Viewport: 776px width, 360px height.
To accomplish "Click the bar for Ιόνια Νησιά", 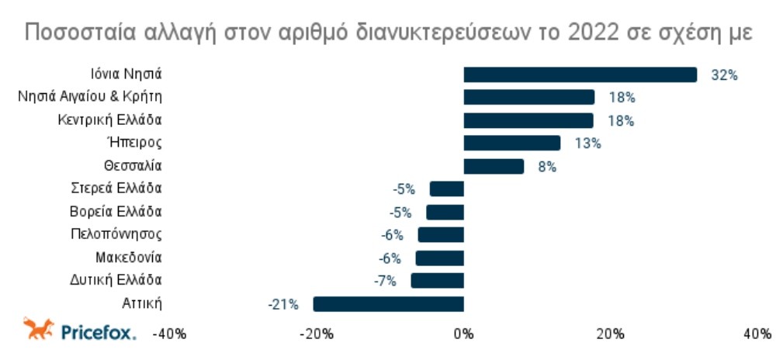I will (x=580, y=74).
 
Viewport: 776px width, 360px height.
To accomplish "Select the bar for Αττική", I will (x=388, y=303).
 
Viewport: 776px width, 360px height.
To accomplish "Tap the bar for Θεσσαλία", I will (x=494, y=166).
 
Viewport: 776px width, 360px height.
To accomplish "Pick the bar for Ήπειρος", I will (x=512, y=143).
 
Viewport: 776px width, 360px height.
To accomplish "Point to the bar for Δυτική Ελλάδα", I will (x=437, y=280).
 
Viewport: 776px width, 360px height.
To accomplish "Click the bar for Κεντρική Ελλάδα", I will (x=528, y=120).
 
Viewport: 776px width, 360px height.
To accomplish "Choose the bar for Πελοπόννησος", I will (x=441, y=234).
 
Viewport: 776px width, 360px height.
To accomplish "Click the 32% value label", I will (x=723, y=75).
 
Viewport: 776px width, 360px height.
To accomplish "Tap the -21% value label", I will (x=283, y=304).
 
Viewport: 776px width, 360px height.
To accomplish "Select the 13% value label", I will (x=587, y=144).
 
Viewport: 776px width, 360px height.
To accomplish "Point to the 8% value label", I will (x=547, y=167).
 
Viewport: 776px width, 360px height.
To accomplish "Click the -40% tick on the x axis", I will (x=168, y=334).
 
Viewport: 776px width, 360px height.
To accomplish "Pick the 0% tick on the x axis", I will (x=463, y=334).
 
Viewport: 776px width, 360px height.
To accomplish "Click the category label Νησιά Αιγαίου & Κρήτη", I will (x=89, y=97).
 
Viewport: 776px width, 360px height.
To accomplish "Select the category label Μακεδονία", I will (x=129, y=257).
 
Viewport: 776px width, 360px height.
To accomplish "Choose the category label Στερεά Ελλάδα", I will (x=116, y=189).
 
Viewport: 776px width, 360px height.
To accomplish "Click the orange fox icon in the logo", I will (x=38, y=330).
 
